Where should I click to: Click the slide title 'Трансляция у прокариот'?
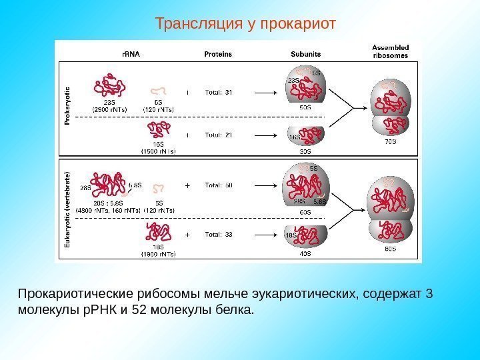click(246, 24)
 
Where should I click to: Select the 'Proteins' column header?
click(218, 54)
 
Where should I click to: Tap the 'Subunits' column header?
click(306, 54)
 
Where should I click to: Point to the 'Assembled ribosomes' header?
click(390, 51)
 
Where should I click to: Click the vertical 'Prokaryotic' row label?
click(67, 105)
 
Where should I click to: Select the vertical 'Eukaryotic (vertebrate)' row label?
click(67, 209)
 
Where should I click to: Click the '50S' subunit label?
click(305, 107)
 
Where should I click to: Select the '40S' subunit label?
click(305, 253)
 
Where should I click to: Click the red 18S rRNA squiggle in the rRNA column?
click(159, 232)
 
